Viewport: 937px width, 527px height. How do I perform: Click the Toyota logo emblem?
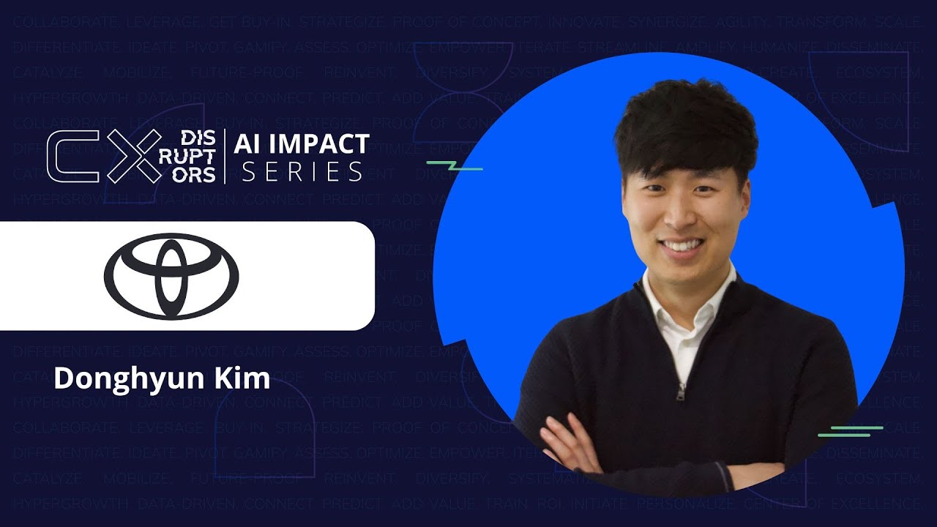(x=171, y=276)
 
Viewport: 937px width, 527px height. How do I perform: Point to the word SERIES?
(x=302, y=172)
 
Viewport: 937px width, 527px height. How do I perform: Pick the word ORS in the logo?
(x=198, y=175)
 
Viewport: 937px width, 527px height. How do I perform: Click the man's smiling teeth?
(x=682, y=245)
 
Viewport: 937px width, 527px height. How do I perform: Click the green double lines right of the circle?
(x=851, y=431)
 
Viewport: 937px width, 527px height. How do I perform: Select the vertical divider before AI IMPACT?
(x=225, y=157)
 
